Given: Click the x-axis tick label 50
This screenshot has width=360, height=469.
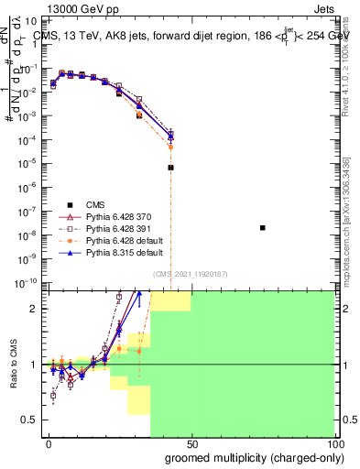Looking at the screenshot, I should point(191,444).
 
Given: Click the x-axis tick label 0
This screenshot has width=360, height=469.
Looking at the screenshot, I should point(49,444).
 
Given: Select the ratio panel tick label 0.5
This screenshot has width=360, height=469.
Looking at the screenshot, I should point(31,420).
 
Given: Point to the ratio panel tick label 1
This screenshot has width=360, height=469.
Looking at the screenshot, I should point(35,365).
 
